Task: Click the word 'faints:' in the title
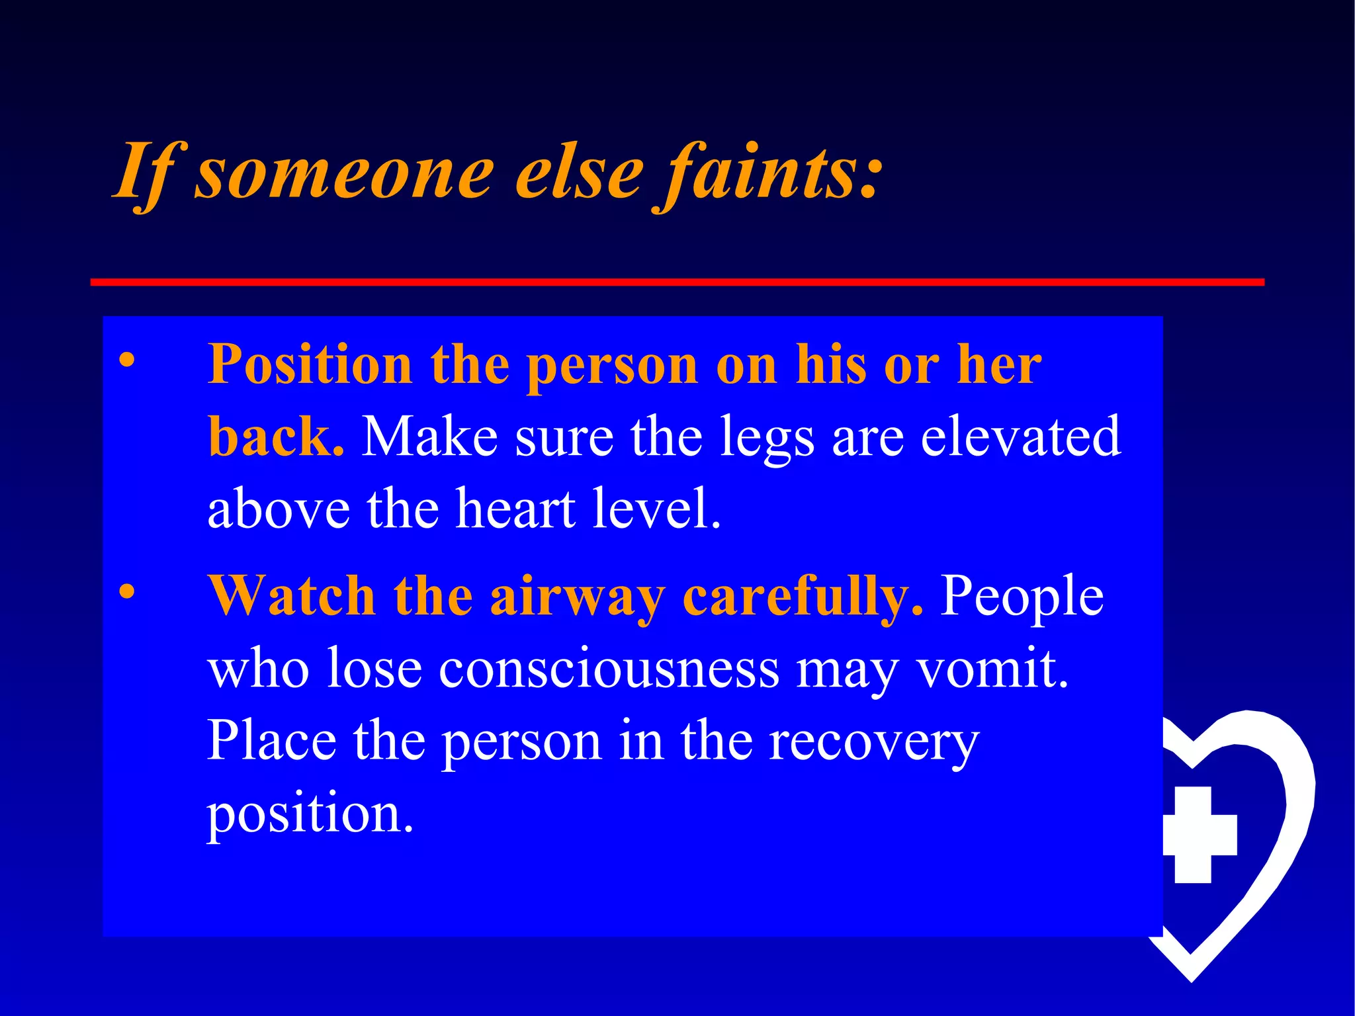[767, 173]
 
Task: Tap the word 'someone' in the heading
[344, 173]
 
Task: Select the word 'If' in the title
[144, 173]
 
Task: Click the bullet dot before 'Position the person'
[126, 360]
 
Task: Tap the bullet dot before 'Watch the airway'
[126, 591]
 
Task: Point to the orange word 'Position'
[310, 365]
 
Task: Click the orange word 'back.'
[276, 437]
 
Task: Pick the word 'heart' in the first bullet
[516, 509]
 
